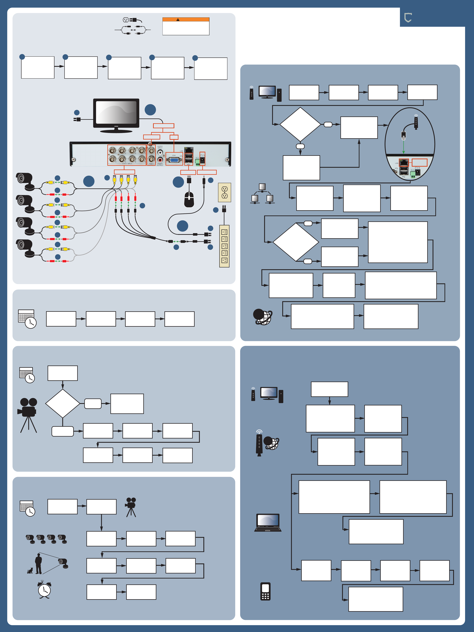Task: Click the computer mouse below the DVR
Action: [189, 199]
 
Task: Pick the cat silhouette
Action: [30, 571]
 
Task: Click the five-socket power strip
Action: [224, 246]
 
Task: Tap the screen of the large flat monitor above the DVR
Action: [116, 112]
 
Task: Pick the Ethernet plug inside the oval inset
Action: [403, 135]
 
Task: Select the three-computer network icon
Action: [262, 194]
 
